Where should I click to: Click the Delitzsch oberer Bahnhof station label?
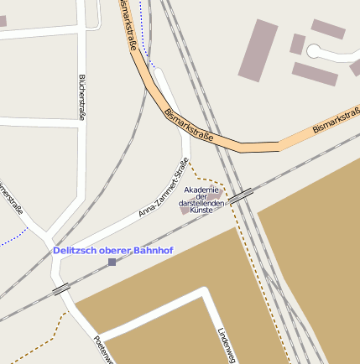point(112,250)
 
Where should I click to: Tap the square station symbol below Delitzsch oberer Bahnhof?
point(112,263)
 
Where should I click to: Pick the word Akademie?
point(202,190)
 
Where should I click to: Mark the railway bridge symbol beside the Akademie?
point(242,195)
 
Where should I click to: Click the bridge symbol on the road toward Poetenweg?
point(61,289)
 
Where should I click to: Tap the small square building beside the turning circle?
point(297,44)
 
